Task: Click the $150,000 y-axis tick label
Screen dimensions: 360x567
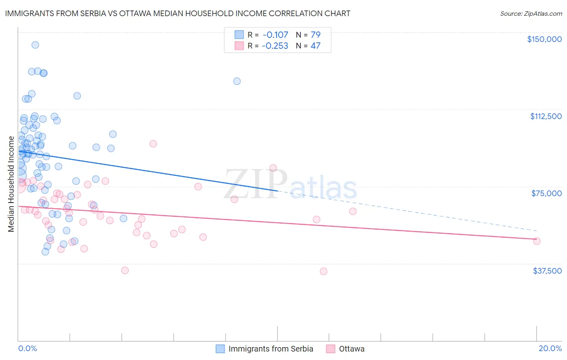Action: [x=544, y=39]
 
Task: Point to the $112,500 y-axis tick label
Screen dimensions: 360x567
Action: [x=546, y=116]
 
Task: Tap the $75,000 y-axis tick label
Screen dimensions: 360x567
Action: [x=546, y=193]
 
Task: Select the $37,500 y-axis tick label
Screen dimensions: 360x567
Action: [x=547, y=271]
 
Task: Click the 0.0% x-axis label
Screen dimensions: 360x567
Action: [x=27, y=348]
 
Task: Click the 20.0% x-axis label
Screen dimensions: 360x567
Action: [x=550, y=348]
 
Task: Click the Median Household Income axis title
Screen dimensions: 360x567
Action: [x=11, y=184]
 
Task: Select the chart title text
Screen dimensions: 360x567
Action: [x=177, y=13]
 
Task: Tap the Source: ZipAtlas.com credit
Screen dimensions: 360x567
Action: [x=531, y=13]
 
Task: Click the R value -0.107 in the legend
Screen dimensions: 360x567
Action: [x=275, y=35]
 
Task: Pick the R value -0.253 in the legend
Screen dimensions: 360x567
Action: [x=275, y=46]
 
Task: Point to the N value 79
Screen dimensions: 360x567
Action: [x=315, y=35]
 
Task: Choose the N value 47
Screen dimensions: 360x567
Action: [x=315, y=46]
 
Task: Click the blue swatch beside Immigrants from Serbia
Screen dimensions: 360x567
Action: [x=220, y=349]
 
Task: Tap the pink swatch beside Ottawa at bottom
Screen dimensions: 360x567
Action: [x=331, y=349]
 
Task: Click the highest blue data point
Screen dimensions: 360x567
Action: [x=35, y=45]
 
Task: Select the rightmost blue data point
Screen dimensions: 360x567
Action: [x=237, y=81]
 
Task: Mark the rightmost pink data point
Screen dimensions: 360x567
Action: [x=536, y=241]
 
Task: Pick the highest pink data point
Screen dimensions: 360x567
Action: [x=153, y=144]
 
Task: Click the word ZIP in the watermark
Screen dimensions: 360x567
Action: [x=255, y=184]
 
